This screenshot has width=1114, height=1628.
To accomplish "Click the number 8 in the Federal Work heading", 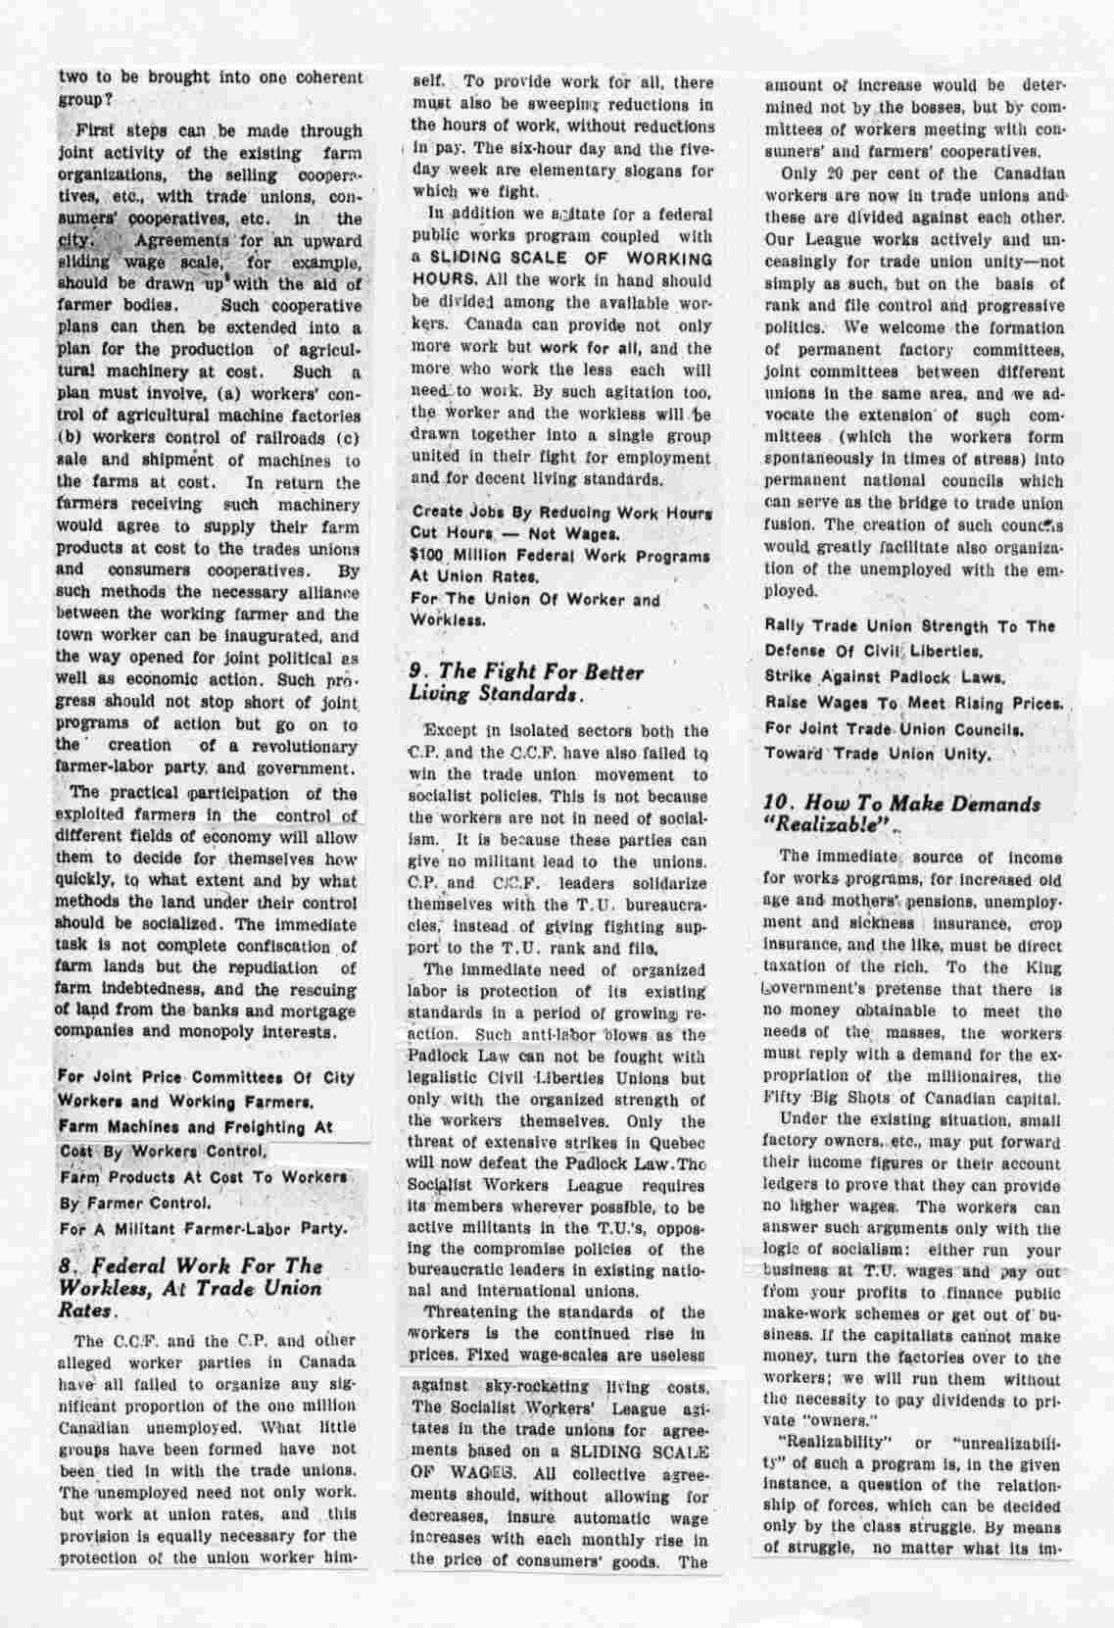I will point(66,1265).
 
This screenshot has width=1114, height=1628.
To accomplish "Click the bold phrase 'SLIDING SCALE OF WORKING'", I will point(573,260).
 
